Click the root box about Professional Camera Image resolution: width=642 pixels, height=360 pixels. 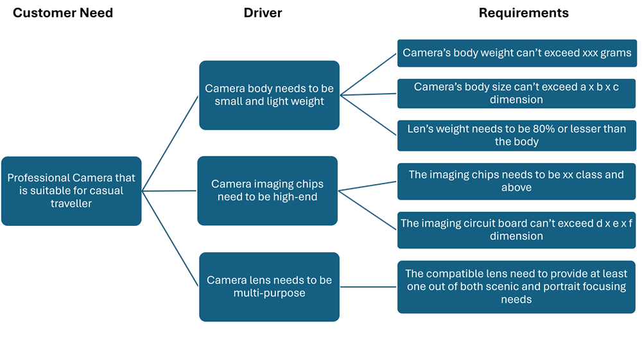coord(71,191)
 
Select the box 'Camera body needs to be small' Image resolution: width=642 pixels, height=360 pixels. coord(269,95)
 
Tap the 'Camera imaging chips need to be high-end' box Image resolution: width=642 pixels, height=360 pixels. coord(267,191)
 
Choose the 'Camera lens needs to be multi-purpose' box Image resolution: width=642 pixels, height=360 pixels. coord(269,287)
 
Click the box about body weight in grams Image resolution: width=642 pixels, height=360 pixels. coord(516,53)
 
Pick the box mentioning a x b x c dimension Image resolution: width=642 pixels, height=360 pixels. coord(516,93)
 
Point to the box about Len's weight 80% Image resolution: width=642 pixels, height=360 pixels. coord(516,135)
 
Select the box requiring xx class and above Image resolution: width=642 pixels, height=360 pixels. coord(516,181)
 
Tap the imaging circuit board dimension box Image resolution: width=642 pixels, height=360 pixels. coord(516,230)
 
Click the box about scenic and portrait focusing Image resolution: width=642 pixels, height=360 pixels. coord(516,286)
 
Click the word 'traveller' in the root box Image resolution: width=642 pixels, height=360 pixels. coord(71,204)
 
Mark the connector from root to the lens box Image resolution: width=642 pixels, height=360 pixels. coord(170,239)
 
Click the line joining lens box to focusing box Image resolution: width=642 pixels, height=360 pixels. coord(368,287)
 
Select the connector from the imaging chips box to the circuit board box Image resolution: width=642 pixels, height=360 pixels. coord(367,210)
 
